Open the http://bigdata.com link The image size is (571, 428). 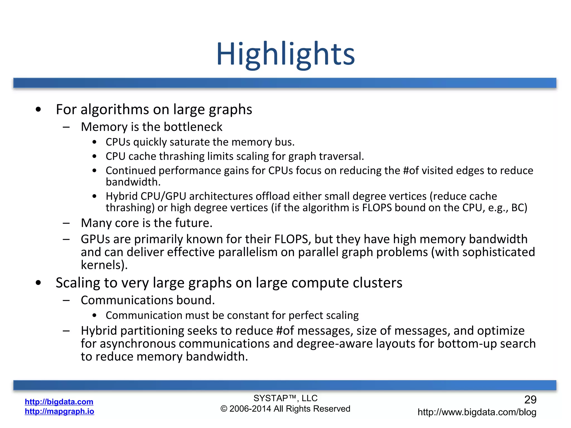pos(59,402)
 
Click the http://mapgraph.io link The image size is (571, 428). pos(59,411)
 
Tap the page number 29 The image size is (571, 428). pos(530,400)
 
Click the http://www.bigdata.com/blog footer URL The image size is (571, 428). pos(477,412)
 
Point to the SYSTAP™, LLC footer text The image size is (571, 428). pos(285,398)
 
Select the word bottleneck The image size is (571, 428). pos(193,127)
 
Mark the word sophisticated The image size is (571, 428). pos(499,252)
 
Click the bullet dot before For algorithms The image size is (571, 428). pos(38,110)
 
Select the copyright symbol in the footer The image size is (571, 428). pos(224,409)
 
